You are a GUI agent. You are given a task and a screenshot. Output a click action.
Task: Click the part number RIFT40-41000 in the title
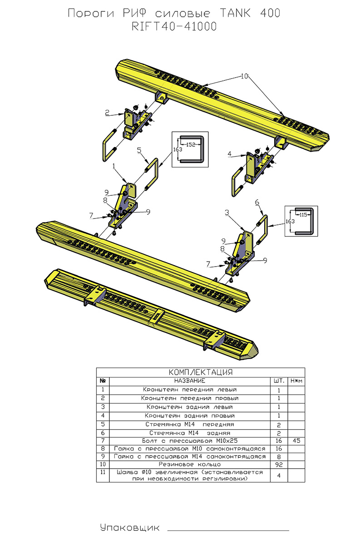[x=174, y=27]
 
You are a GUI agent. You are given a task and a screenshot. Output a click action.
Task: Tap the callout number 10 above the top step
[x=245, y=77]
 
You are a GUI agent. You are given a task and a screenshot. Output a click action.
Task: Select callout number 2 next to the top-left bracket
[x=107, y=113]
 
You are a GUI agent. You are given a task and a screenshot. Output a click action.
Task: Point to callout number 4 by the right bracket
[x=230, y=154]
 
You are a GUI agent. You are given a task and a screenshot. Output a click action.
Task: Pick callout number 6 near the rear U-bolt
[x=256, y=202]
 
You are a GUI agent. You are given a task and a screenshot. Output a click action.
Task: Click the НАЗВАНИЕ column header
[x=190, y=380]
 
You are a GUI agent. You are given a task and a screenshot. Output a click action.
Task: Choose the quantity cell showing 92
[x=279, y=465]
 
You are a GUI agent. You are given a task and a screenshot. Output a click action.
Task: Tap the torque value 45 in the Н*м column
[x=296, y=441]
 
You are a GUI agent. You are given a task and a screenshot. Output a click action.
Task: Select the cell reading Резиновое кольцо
[x=190, y=465]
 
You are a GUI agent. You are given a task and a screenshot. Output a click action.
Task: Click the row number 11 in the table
[x=103, y=473]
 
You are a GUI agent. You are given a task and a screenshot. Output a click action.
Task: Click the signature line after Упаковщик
[x=228, y=530]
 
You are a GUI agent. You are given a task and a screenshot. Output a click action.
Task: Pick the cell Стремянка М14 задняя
[x=190, y=432]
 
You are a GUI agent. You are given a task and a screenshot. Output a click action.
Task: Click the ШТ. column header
[x=279, y=380]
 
